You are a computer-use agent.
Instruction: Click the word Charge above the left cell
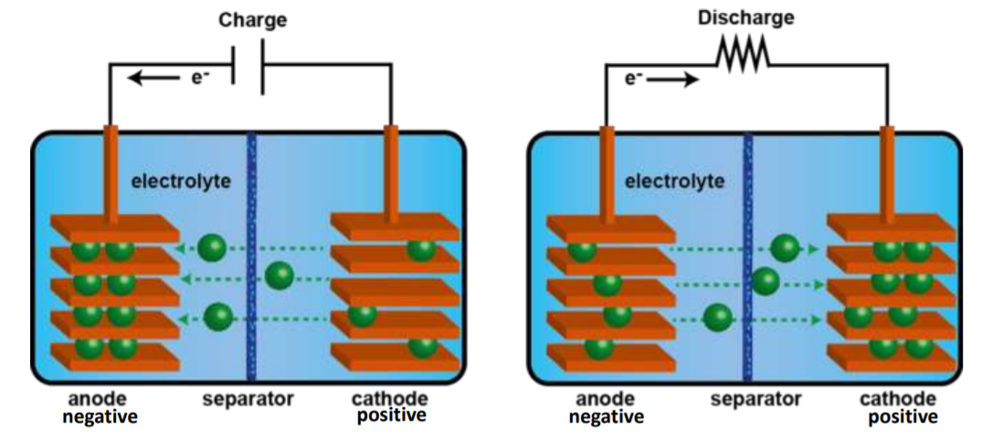(252, 19)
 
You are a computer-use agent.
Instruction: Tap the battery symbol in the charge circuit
(249, 68)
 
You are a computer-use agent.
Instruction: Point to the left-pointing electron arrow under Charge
(153, 78)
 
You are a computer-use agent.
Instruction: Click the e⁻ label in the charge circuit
(197, 78)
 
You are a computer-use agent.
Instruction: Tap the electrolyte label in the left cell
(181, 181)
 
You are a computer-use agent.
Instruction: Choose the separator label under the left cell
(248, 399)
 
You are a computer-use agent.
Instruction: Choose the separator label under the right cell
(755, 399)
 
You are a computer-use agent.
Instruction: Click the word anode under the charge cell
(97, 399)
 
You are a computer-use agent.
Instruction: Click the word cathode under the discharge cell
(898, 399)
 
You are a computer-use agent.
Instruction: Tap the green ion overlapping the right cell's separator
(765, 282)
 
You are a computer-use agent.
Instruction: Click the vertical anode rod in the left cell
(111, 173)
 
